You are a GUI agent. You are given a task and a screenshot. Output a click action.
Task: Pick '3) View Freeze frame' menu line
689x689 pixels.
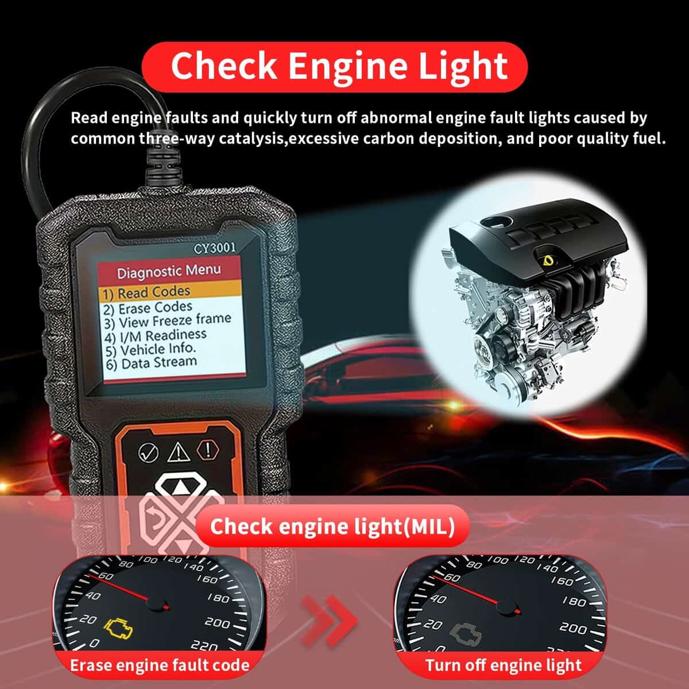(x=167, y=320)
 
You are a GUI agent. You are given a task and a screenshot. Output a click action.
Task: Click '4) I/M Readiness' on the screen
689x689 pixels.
(x=155, y=335)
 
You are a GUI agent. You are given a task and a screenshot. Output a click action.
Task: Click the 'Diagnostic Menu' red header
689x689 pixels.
(x=169, y=272)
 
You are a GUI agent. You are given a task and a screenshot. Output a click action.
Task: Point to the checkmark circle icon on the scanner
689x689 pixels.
(x=148, y=452)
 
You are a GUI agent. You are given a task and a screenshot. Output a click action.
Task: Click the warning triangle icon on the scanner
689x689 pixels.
(x=178, y=452)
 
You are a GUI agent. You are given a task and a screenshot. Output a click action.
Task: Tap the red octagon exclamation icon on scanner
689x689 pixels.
(x=207, y=449)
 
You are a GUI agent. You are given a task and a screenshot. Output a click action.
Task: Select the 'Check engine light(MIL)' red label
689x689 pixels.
(x=332, y=527)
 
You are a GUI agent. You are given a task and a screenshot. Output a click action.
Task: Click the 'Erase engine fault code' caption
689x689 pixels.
(x=160, y=665)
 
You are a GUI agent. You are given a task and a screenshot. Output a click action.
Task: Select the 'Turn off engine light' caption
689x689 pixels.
(x=503, y=665)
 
